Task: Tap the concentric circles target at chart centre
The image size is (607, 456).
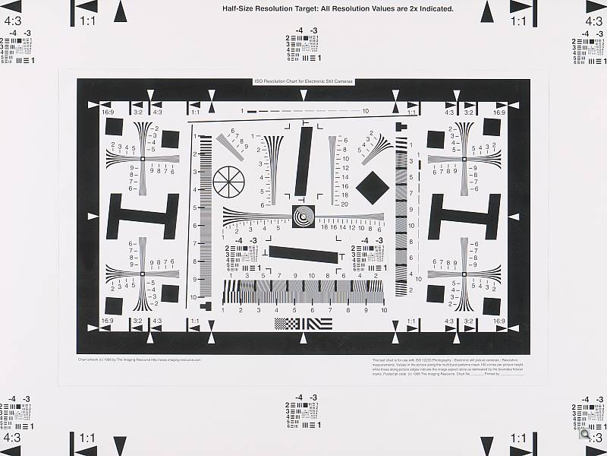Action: pos(303,216)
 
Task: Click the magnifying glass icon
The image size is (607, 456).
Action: pos(585,435)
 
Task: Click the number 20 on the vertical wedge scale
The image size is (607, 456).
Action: pos(344,204)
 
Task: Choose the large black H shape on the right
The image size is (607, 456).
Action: pos(465,216)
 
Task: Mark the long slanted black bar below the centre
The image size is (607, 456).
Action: pos(303,254)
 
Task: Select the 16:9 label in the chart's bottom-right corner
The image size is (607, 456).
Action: pos(498,321)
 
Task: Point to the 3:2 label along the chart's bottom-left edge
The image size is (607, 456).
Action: pos(137,321)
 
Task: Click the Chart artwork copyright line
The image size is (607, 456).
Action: pos(139,359)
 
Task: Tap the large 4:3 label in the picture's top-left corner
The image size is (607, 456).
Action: pos(12,22)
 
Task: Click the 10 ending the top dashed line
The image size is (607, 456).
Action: pos(365,111)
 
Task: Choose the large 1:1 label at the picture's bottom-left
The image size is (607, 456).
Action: pos(87,439)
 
